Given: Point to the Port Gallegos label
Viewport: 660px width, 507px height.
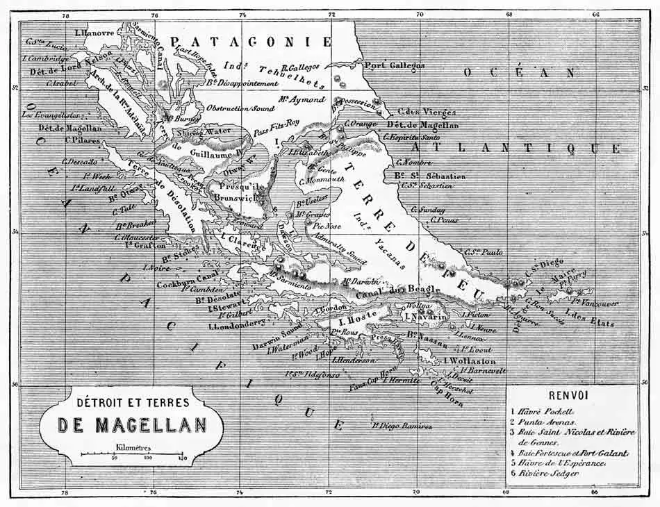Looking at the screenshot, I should pos(395,65).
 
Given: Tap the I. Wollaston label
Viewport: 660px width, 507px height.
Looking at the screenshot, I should pos(470,361).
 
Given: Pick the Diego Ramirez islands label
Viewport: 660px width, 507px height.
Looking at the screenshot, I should pos(402,426).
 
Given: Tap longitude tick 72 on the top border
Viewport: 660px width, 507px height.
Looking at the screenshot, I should pos(331,14).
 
